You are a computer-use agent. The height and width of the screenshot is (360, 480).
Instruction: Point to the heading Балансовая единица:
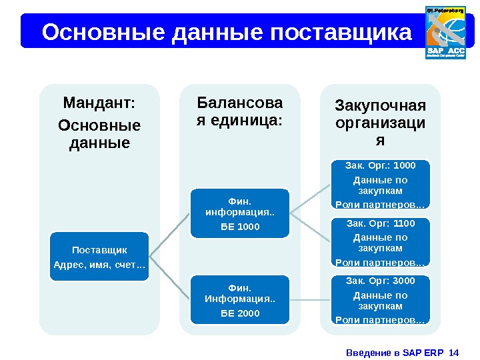240,112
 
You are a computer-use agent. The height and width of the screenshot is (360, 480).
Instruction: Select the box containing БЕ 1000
240,213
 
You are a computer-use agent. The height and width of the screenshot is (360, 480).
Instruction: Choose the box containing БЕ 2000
240,299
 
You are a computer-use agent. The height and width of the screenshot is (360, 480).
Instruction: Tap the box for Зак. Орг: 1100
380,242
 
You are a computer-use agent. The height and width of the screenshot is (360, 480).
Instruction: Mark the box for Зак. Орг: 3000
380,300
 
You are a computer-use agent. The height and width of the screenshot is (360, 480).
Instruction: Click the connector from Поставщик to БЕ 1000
170,233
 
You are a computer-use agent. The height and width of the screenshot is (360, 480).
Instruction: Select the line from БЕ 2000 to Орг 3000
311,300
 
